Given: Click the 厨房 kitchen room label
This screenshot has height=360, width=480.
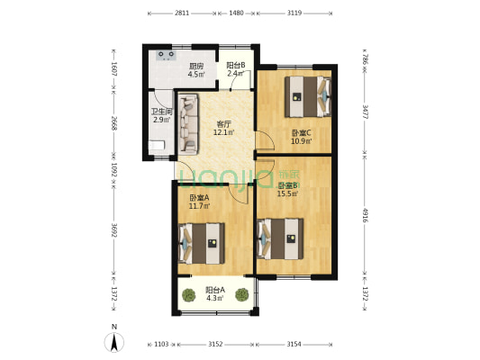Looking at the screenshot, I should click(195, 66).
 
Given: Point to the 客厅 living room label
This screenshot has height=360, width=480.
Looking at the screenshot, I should click(224, 125).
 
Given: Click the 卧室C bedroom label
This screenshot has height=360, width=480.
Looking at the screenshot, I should click(301, 134).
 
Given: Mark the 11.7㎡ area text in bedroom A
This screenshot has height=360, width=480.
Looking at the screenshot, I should click(200, 205).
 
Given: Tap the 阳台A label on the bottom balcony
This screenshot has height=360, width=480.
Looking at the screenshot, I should click(214, 289).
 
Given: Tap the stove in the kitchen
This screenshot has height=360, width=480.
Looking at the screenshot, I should click(166, 55).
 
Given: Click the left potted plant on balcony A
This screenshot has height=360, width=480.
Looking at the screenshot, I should click(188, 293).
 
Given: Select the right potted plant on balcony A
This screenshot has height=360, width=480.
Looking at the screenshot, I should click(241, 293).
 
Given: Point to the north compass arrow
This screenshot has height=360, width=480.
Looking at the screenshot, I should click(114, 341).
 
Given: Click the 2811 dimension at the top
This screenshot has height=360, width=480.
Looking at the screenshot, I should click(182, 13).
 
